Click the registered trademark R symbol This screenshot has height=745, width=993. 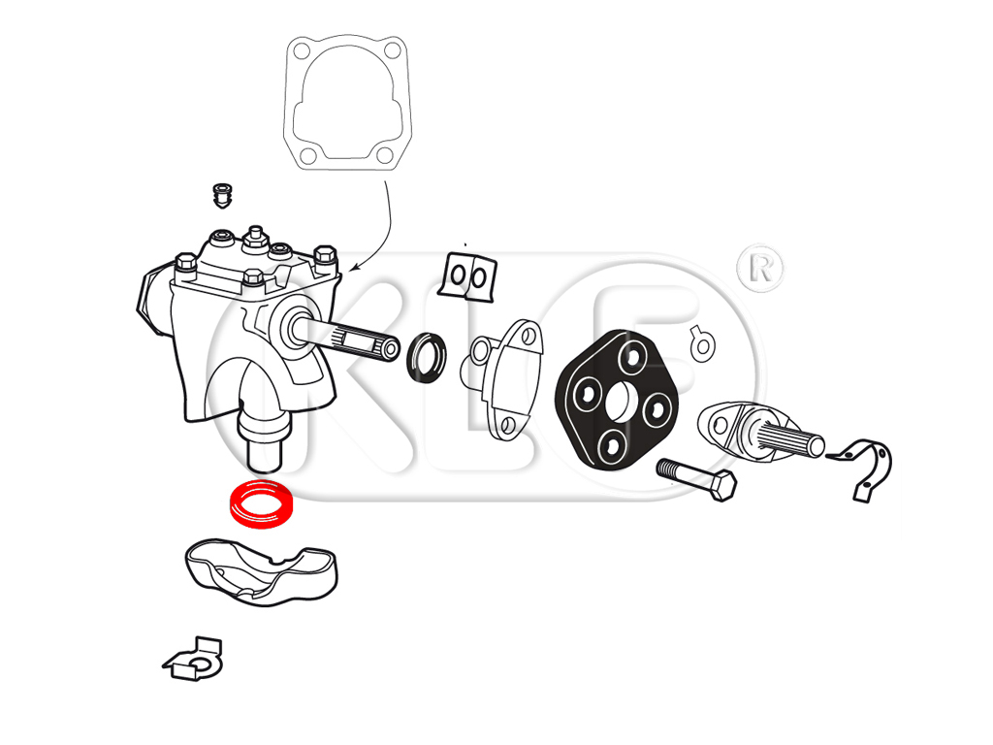760,269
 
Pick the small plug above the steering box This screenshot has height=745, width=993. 222,195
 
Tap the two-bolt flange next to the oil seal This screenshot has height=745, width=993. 506,380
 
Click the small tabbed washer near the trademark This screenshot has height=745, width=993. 702,344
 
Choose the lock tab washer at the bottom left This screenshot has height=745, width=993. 194,660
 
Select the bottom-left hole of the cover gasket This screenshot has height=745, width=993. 307,156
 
